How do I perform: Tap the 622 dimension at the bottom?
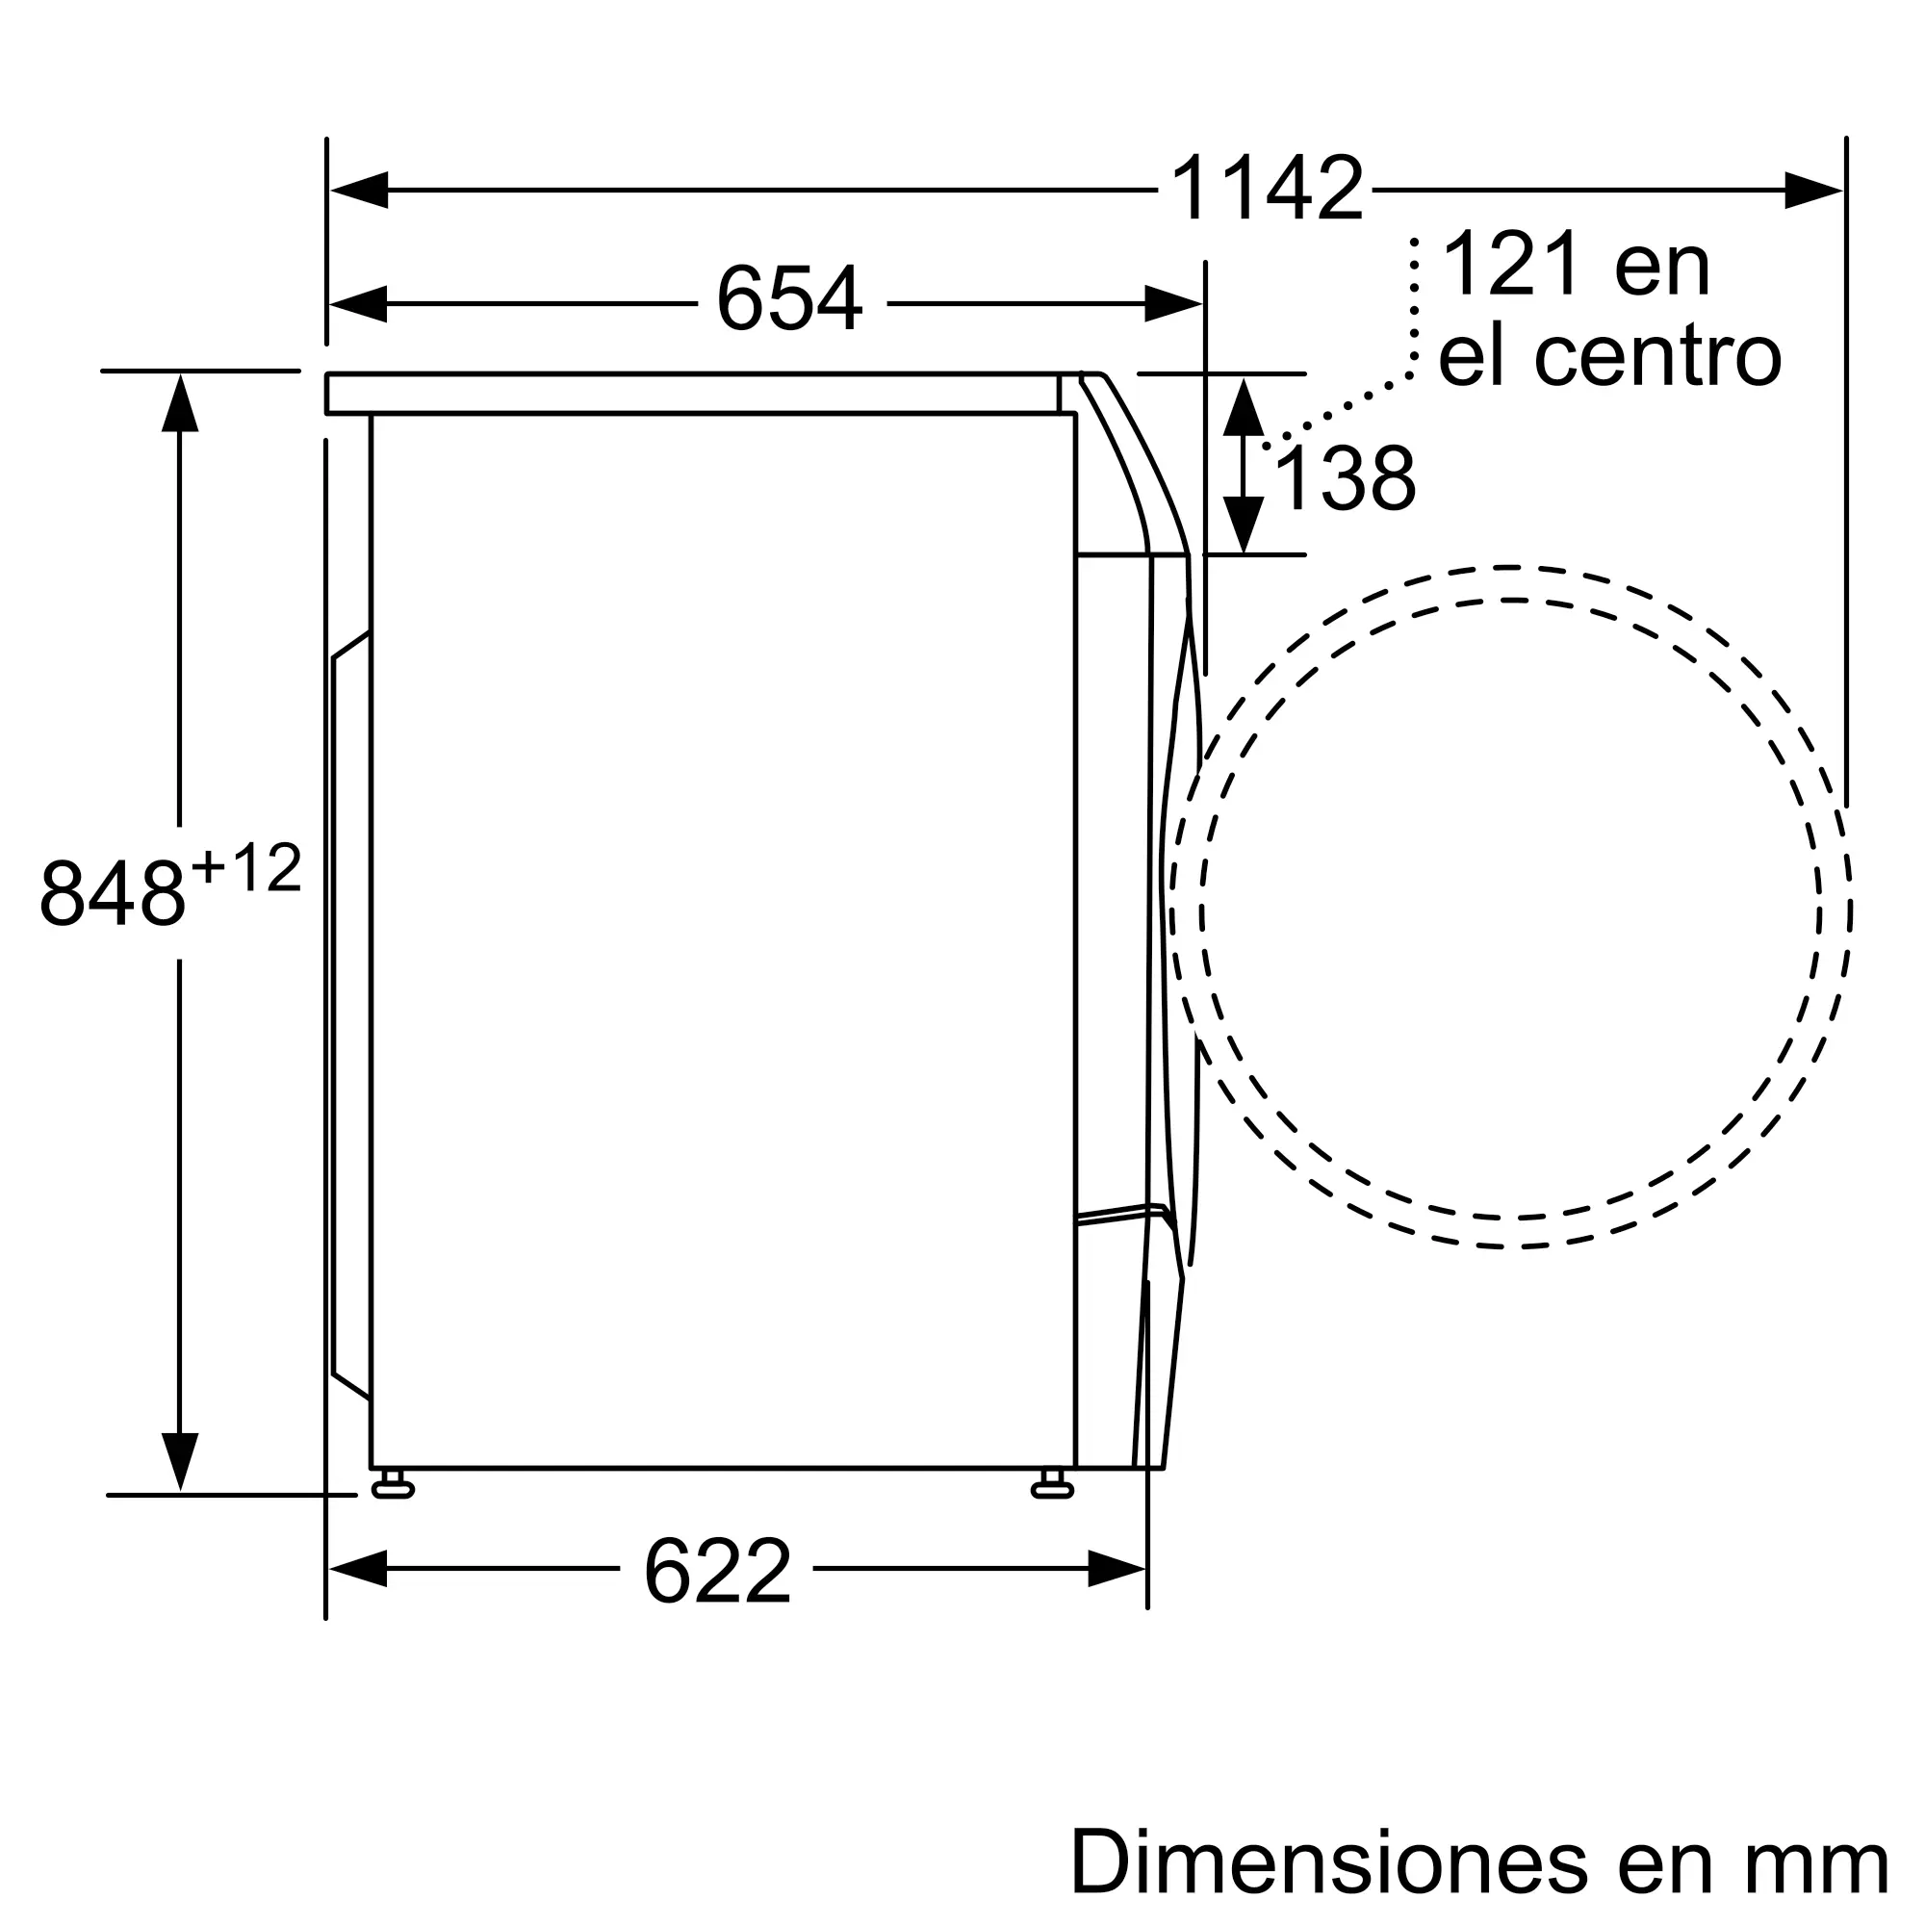click(716, 1572)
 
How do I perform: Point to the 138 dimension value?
click(1344, 480)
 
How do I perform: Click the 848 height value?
click(112, 893)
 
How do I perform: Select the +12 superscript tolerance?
click(246, 868)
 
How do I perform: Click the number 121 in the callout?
click(1510, 264)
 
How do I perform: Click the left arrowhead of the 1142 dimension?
click(359, 190)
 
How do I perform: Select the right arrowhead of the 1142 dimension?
click(1812, 190)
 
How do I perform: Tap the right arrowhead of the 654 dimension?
click(1172, 303)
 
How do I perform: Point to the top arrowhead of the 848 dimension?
click(179, 403)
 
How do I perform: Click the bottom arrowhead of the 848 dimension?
click(179, 1461)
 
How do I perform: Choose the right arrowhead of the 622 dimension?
click(1116, 1569)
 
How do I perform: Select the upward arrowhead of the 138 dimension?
click(1243, 406)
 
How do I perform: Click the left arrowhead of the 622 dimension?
click(359, 1569)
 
